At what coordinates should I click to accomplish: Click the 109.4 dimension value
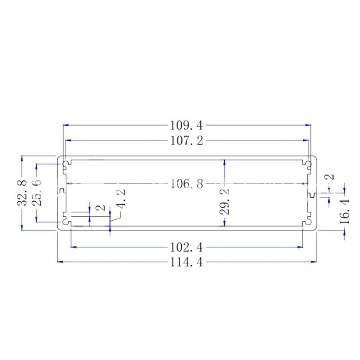click(186, 126)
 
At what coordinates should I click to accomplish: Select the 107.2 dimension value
click(186, 140)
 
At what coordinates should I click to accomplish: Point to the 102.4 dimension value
click(186, 247)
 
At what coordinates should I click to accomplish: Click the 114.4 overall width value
click(186, 262)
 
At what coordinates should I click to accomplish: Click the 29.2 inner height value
click(225, 203)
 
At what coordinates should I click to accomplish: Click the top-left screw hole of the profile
click(66, 165)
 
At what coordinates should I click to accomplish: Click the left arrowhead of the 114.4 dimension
click(60, 262)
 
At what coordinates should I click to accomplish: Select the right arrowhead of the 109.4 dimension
click(309, 125)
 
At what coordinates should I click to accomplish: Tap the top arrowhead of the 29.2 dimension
click(225, 162)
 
